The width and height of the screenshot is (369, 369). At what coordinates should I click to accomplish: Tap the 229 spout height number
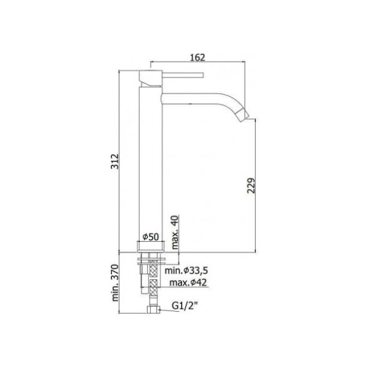(250, 187)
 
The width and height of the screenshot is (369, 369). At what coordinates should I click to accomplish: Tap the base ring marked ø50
(151, 247)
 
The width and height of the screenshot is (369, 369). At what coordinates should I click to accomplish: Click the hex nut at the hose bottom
(151, 309)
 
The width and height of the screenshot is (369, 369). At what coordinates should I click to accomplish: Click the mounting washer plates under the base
(151, 258)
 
